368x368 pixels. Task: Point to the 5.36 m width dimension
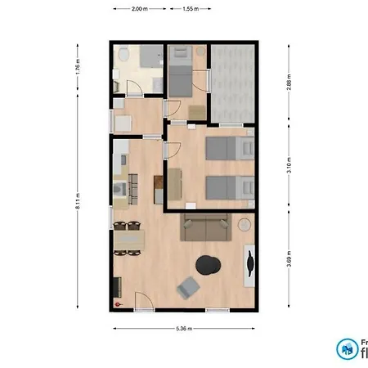(184, 329)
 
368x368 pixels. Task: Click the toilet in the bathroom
(123, 56)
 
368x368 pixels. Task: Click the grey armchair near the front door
(190, 287)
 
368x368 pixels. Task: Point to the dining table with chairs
(128, 239)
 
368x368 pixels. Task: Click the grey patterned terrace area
(232, 82)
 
